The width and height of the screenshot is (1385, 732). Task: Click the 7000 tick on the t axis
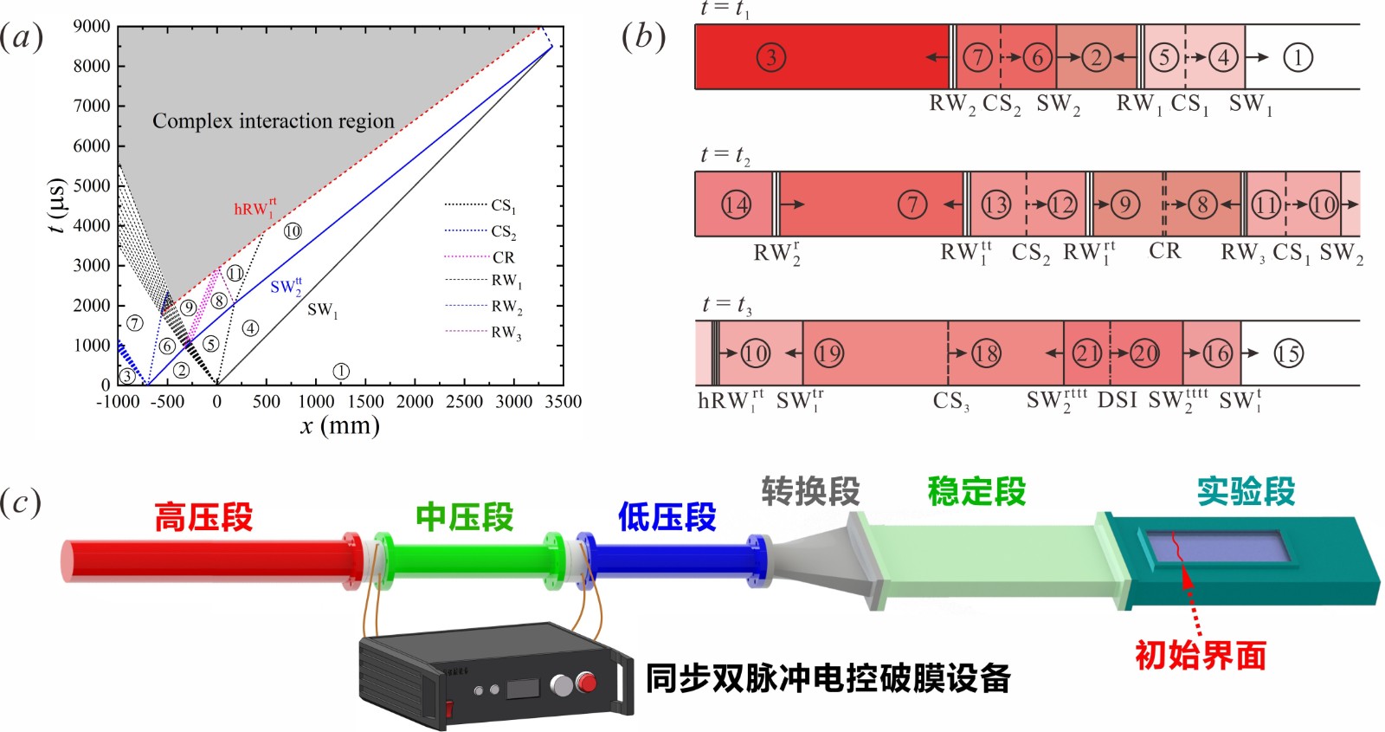pos(93,106)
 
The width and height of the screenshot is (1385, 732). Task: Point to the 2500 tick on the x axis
pos(464,402)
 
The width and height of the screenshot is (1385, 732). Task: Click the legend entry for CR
pos(480,256)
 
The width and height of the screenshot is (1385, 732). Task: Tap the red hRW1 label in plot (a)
pos(254,208)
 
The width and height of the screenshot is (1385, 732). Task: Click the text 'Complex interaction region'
pos(274,120)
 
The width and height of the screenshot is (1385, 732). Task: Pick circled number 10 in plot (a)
pos(293,231)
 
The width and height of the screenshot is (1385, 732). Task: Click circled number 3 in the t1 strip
pos(770,57)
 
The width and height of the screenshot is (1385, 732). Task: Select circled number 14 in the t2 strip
pos(736,204)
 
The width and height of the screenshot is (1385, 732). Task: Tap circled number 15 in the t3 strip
pos(1289,353)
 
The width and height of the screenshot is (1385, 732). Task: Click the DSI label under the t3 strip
pos(1118,400)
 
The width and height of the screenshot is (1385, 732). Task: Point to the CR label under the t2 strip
pos(1165,250)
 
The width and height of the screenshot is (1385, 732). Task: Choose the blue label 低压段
pos(667,516)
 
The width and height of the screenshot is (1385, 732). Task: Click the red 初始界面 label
pos(1201,656)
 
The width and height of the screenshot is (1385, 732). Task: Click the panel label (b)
pos(644,37)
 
